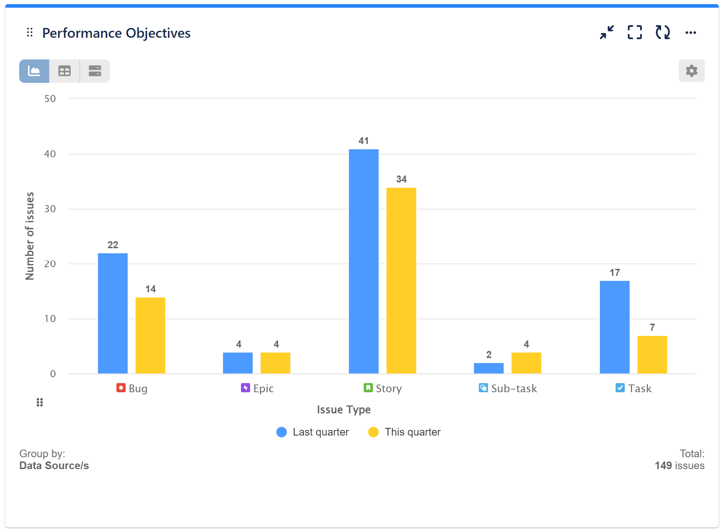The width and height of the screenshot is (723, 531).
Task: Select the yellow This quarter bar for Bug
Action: pyautogui.click(x=150, y=335)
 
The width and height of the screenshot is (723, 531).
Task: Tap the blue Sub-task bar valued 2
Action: pyautogui.click(x=488, y=368)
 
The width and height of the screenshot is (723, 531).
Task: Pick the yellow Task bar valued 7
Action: pyautogui.click(x=652, y=354)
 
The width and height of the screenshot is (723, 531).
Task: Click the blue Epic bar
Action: pyautogui.click(x=238, y=363)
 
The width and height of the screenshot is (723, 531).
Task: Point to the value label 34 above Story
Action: pyautogui.click(x=401, y=179)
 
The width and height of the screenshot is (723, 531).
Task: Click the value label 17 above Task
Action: pyautogui.click(x=615, y=273)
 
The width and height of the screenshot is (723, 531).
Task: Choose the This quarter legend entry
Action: pyautogui.click(x=405, y=432)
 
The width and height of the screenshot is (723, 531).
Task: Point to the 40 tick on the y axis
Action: pyautogui.click(x=50, y=154)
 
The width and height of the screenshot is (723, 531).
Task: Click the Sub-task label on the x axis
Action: pyautogui.click(x=513, y=388)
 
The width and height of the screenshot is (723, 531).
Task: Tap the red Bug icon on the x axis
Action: pyautogui.click(x=121, y=388)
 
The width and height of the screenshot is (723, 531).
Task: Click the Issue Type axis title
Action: pyautogui.click(x=343, y=409)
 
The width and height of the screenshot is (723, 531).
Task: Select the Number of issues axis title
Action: pyautogui.click(x=30, y=236)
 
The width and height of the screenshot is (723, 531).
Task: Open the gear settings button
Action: pyautogui.click(x=691, y=71)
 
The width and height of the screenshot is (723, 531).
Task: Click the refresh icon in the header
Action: pyautogui.click(x=662, y=33)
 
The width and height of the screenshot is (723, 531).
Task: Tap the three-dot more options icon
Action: pyautogui.click(x=690, y=33)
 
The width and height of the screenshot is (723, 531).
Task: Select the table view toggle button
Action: pyautogui.click(x=64, y=71)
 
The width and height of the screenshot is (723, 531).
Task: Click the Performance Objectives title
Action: pyautogui.click(x=116, y=33)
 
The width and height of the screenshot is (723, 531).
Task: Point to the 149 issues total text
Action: pyautogui.click(x=679, y=466)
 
